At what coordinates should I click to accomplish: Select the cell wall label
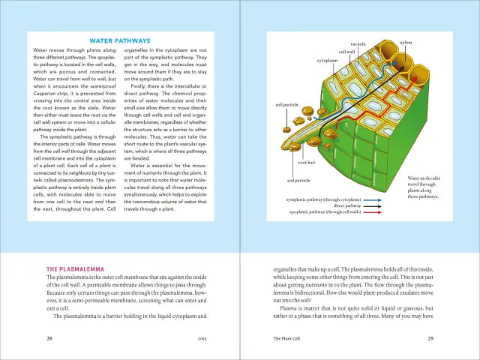pyautogui.click(x=346, y=52)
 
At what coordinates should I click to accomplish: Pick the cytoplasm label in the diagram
pyautogui.click(x=327, y=60)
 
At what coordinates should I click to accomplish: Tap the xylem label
pyautogui.click(x=406, y=42)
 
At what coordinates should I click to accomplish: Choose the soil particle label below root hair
pyautogui.click(x=298, y=181)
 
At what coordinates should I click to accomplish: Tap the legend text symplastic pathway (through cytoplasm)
pyautogui.click(x=324, y=199)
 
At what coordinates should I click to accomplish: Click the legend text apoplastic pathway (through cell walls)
pyautogui.click(x=325, y=212)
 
